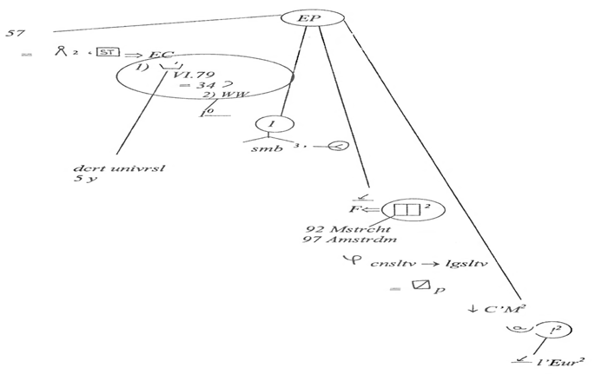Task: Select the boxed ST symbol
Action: (x=108, y=53)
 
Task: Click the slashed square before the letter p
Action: (x=422, y=284)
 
